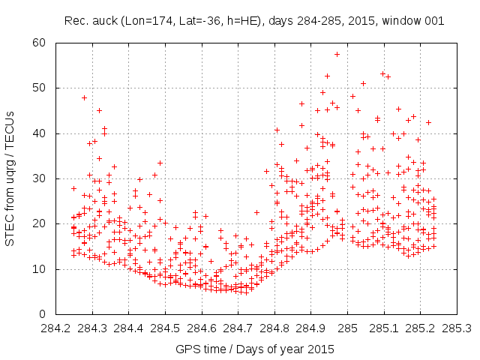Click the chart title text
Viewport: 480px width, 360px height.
254,20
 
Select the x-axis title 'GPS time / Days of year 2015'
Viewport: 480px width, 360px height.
254,349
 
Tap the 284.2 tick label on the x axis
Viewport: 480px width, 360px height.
55,328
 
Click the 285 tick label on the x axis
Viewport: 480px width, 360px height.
347,328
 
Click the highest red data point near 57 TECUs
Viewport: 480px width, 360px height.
337,54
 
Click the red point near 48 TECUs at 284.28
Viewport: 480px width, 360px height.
84,97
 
